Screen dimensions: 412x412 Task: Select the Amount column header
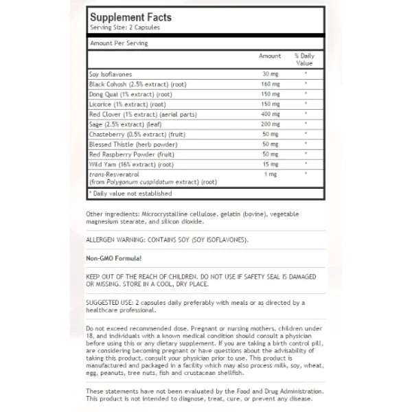tap(270, 56)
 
